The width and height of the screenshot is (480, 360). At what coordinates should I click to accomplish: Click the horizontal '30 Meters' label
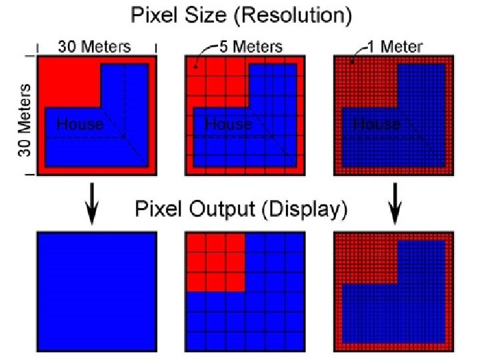point(94,47)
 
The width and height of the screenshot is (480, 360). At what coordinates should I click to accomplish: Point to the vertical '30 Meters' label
point(25,120)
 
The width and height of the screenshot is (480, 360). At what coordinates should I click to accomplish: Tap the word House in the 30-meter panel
point(80,124)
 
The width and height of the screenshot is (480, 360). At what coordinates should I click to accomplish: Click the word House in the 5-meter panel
point(228,124)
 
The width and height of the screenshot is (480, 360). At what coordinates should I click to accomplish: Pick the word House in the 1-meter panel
point(376,124)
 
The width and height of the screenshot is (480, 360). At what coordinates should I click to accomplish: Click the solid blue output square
point(97,292)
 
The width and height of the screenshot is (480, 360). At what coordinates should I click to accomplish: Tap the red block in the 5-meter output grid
point(215,262)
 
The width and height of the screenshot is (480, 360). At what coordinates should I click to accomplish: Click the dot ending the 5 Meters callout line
point(195,67)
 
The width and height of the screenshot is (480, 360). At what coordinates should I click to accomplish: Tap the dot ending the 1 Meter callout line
point(353,61)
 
